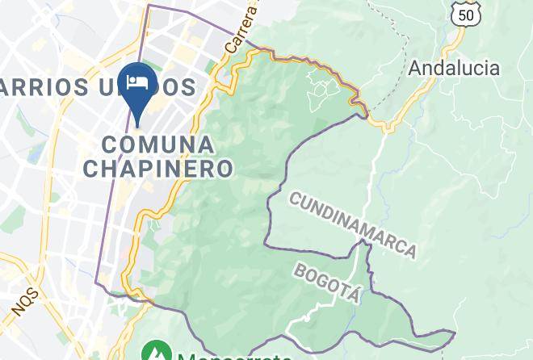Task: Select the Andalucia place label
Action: [454, 68]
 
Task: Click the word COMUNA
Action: [159, 145]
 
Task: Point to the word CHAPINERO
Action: [158, 169]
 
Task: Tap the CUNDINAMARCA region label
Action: [353, 225]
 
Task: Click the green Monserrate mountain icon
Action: [154, 353]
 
